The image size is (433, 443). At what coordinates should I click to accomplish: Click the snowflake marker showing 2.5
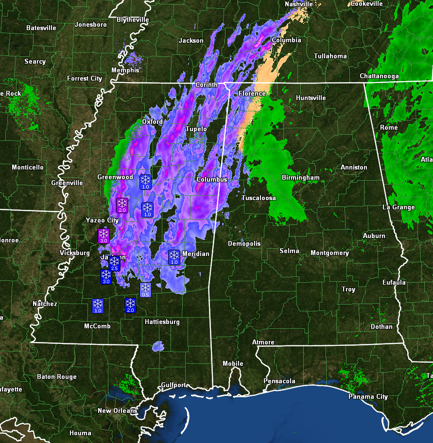tap(115, 263)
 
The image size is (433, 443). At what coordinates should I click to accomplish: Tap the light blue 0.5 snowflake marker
tap(145, 290)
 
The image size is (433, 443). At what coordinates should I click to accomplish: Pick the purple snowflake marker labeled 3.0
tap(104, 236)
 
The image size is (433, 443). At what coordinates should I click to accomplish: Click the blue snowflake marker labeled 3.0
tap(106, 277)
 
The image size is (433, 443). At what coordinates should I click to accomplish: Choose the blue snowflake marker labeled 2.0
tap(130, 305)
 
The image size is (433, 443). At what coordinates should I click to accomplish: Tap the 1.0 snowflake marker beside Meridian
tap(174, 257)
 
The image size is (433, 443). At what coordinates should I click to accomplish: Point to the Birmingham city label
tap(301, 178)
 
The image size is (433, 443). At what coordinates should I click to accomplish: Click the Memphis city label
tap(125, 70)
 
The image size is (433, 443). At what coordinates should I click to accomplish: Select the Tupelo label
tap(196, 129)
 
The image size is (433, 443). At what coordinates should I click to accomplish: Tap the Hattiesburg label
tap(162, 322)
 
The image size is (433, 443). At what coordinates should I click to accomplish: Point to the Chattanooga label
tap(379, 76)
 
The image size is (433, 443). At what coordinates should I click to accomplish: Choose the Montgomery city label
tap(329, 253)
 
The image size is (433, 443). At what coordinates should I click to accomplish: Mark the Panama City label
tap(368, 396)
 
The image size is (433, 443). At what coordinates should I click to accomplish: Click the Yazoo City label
tap(103, 220)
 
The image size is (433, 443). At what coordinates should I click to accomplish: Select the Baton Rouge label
tap(57, 376)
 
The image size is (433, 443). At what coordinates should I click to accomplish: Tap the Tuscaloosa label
tap(259, 198)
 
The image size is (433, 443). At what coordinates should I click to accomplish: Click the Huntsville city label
tap(311, 98)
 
